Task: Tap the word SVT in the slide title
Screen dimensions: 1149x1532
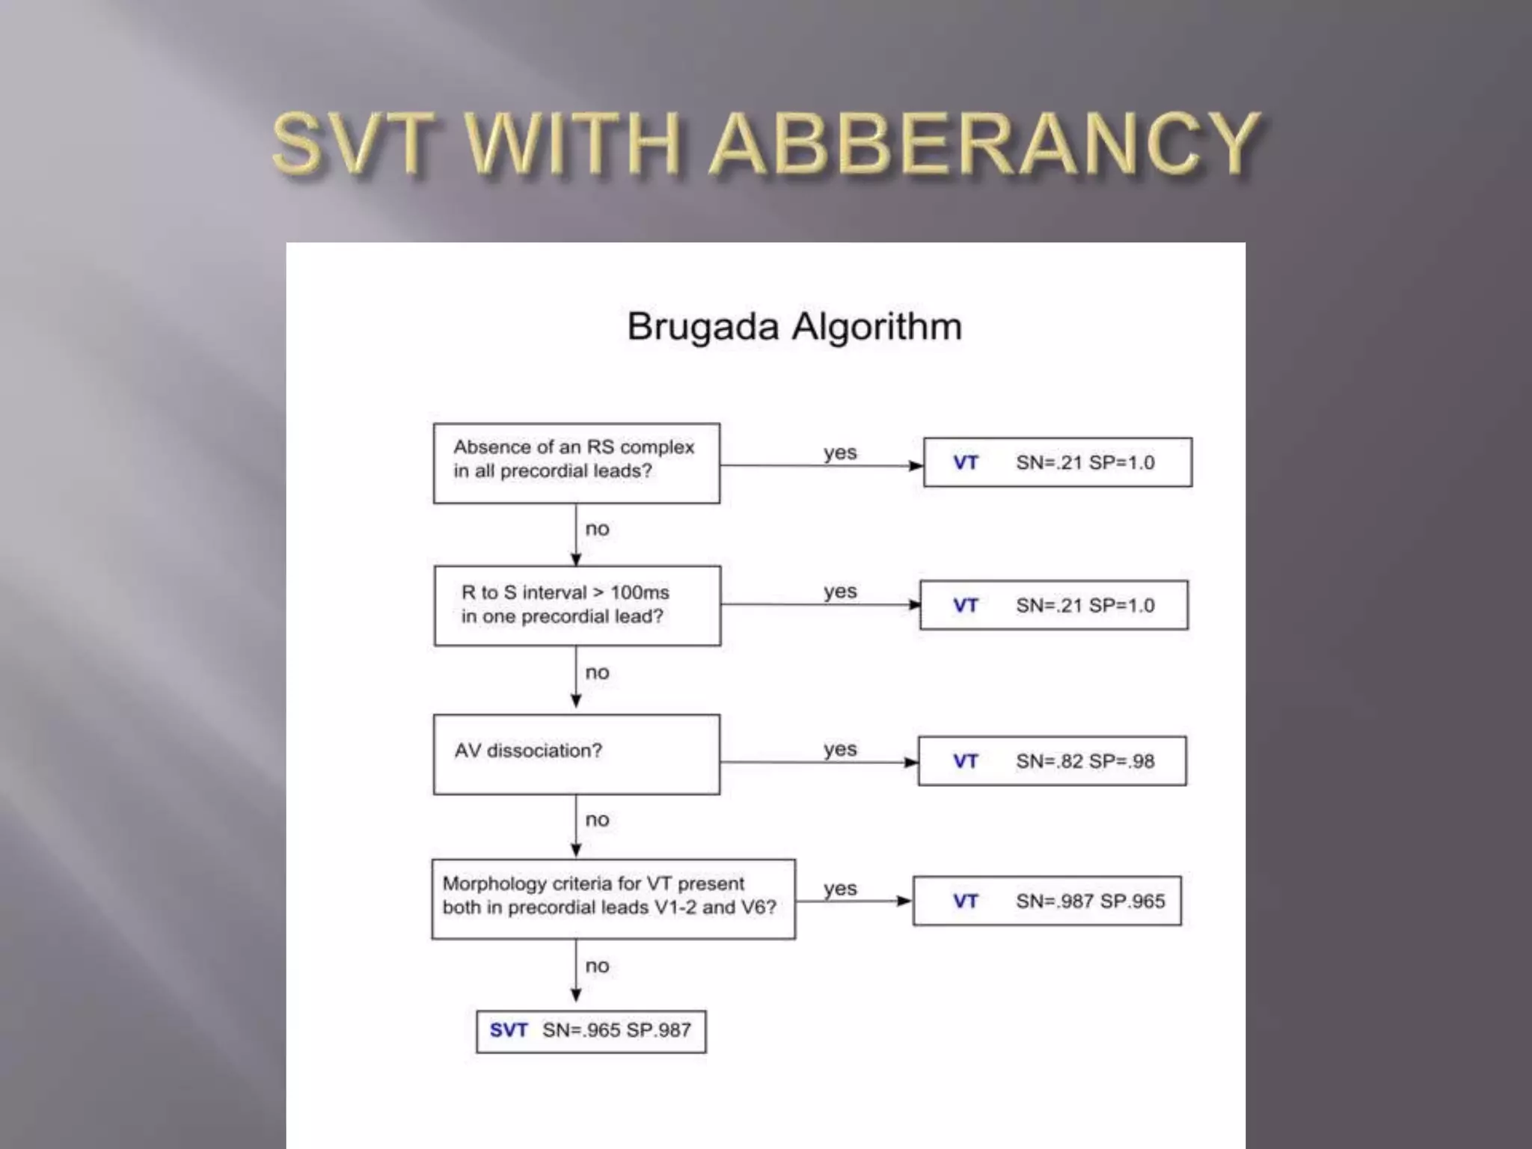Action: [354, 144]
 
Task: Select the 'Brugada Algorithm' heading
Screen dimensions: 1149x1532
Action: [794, 327]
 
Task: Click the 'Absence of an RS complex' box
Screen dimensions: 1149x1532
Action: [576, 463]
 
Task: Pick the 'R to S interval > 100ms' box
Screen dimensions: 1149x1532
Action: [577, 605]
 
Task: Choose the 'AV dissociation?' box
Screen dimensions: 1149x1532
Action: [576, 754]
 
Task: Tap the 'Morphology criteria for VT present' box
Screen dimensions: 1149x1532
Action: [613, 898]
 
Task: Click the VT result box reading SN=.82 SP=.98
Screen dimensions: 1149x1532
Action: [1052, 761]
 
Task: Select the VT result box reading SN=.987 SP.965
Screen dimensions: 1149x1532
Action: [1047, 901]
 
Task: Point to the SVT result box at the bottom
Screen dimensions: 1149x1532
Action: [591, 1031]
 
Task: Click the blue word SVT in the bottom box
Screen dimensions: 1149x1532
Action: [509, 1030]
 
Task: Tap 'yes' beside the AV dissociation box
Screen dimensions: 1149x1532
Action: [840, 749]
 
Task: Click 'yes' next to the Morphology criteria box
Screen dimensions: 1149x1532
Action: [840, 889]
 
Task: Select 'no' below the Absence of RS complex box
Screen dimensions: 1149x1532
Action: [597, 529]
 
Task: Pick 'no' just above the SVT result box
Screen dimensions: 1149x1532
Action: [597, 966]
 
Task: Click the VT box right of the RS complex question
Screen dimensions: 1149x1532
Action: [1057, 462]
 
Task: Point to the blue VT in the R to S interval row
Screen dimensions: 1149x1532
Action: [965, 605]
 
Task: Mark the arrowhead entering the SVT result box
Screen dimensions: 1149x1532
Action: [576, 995]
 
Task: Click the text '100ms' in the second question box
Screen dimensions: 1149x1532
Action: [640, 592]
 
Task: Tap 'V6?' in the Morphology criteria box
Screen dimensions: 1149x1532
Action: [758, 907]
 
